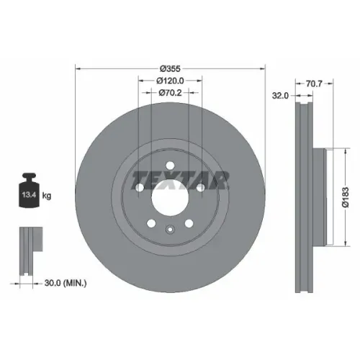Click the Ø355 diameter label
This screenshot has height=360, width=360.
pos(170,69)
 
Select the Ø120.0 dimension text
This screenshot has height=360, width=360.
pos(170,81)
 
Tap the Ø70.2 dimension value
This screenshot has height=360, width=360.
pos(170,93)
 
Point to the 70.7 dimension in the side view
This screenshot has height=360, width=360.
pos(314,84)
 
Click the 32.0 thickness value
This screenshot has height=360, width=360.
pos(280,96)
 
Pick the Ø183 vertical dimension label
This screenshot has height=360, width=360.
pos(346,197)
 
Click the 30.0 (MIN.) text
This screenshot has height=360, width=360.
pos(66,283)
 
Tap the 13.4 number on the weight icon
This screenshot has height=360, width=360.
pos(29,194)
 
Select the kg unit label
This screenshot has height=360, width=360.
pos(47,196)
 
